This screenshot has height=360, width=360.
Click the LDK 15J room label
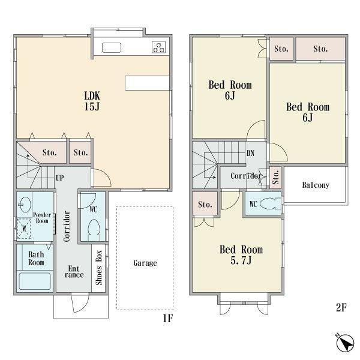point(92,101)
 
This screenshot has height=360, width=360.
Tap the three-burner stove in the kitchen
point(158,47)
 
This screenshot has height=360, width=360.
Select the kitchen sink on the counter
point(112,48)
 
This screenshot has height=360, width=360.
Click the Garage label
point(145,263)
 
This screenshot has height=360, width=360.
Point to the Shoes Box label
point(99,268)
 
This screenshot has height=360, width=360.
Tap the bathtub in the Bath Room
point(35,281)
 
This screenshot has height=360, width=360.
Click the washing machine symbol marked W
point(24,229)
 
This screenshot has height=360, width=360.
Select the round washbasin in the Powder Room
point(25,205)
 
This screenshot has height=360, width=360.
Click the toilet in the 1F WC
point(94,230)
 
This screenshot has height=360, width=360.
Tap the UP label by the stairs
point(59,178)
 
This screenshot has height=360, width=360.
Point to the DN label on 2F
point(250,153)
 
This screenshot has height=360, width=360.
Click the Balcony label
point(316,185)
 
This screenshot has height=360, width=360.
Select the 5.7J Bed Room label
point(241,255)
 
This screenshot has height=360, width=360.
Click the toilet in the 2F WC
point(270,203)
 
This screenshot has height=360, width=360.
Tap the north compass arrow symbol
point(344,342)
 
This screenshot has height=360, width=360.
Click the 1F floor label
point(168,318)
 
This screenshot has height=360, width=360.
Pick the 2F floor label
point(341,307)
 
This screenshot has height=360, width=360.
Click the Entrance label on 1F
point(74,272)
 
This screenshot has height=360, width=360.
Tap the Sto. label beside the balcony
point(275,177)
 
